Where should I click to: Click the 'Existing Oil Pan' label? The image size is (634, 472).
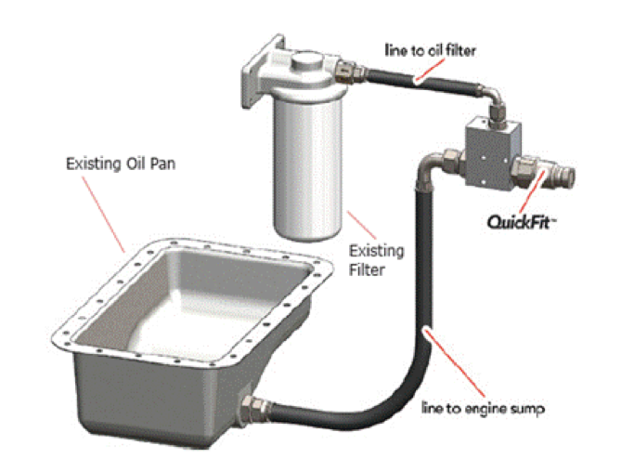[x=121, y=164]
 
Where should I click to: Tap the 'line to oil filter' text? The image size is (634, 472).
[x=430, y=50]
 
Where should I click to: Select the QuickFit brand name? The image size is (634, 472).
[x=521, y=222]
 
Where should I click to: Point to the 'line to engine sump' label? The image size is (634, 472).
[x=484, y=409]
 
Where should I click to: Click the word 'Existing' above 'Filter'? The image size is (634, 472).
[x=377, y=251]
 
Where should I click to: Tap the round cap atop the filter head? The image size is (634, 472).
[x=307, y=60]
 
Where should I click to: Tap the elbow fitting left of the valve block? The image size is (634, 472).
[x=439, y=164]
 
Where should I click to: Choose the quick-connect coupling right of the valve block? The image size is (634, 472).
[x=544, y=173]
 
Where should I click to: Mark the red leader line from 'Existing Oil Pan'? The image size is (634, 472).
[x=104, y=215]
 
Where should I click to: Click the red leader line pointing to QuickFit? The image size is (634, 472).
[x=532, y=191]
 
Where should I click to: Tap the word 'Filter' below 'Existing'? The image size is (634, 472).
[x=367, y=270]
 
